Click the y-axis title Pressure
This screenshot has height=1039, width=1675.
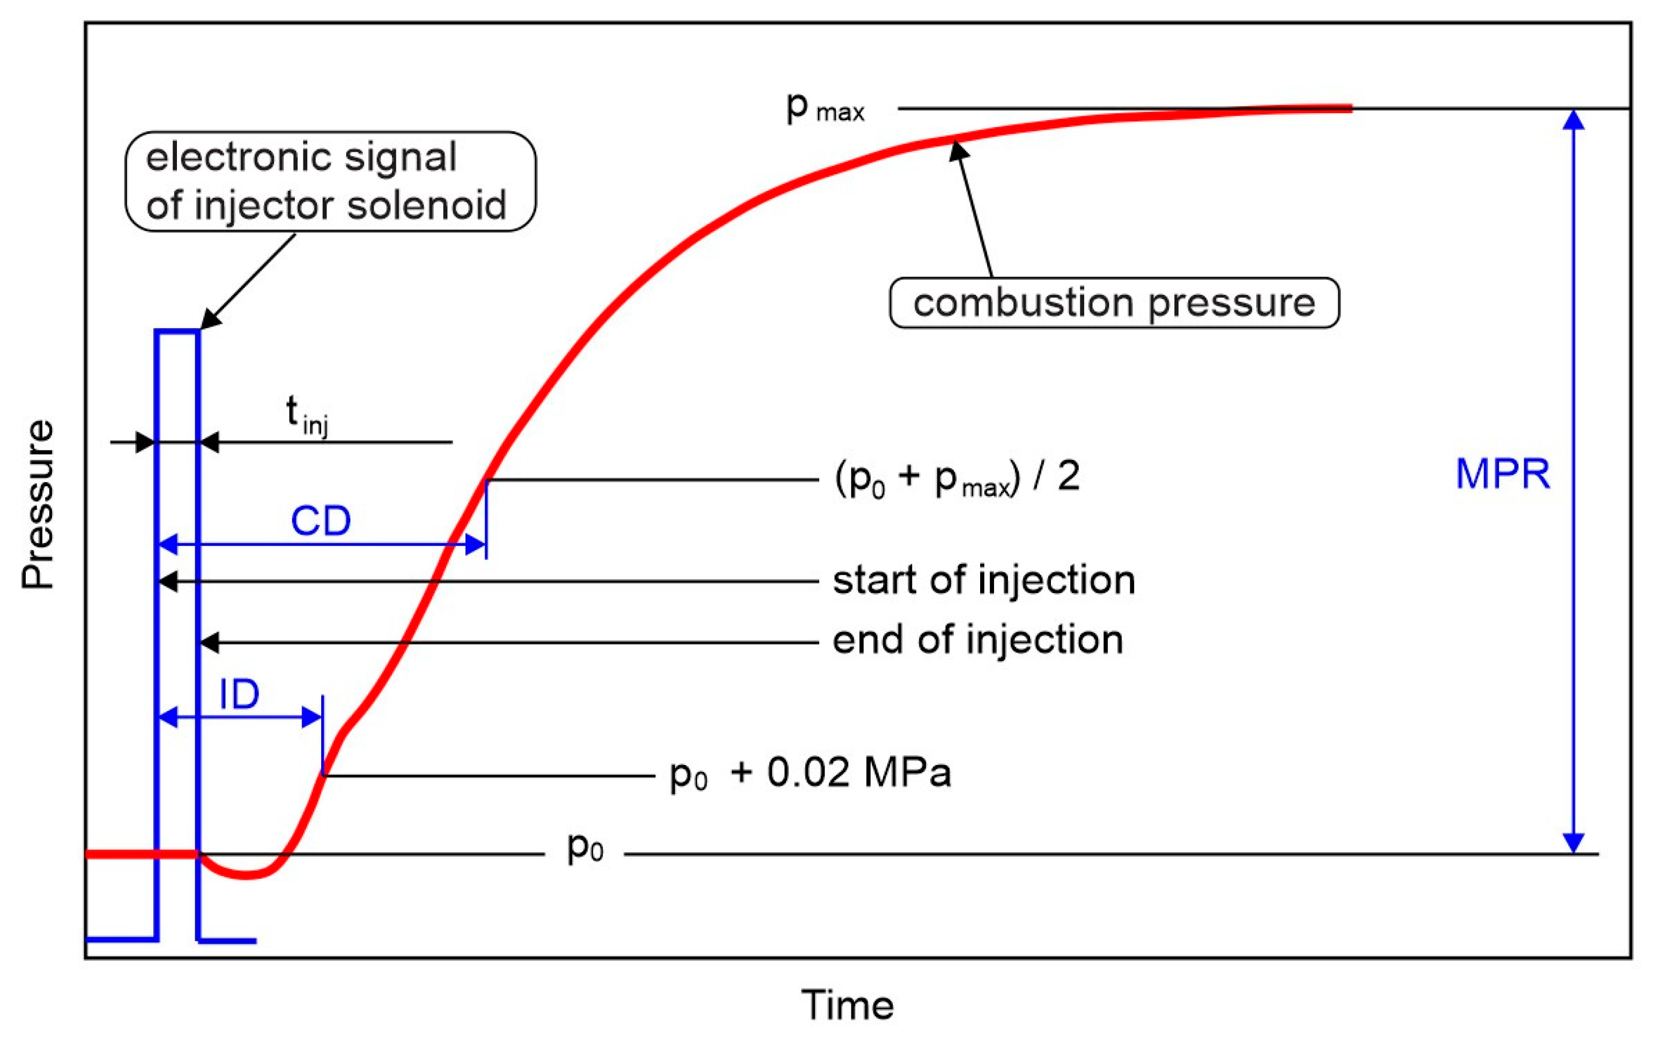pos(38,505)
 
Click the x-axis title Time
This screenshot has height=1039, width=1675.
pos(847,1005)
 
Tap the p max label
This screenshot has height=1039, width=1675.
pos(825,109)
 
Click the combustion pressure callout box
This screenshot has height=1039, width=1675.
pos(1113,303)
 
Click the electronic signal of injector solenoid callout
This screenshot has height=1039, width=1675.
pos(330,181)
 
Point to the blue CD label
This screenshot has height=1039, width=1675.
pos(321,521)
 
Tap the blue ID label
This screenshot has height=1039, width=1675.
pos(239,695)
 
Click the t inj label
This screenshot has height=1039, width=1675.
pos(306,415)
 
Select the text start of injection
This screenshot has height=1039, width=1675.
pos(983,580)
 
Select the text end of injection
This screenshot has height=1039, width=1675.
pos(977,641)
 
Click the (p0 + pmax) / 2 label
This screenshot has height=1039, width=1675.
pos(957,477)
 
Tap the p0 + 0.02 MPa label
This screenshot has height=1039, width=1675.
pos(810,773)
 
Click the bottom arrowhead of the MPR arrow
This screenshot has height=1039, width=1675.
pos(1573,842)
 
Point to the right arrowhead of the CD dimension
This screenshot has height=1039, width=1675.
pos(476,545)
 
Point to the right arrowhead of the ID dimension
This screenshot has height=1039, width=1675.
pos(312,717)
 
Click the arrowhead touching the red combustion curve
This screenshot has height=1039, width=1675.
pos(959,149)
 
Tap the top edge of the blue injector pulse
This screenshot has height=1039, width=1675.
pos(177,332)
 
